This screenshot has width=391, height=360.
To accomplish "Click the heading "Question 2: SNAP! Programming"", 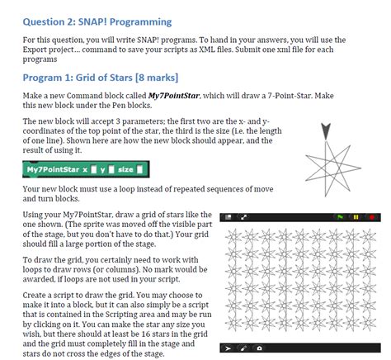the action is [x=97, y=21].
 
